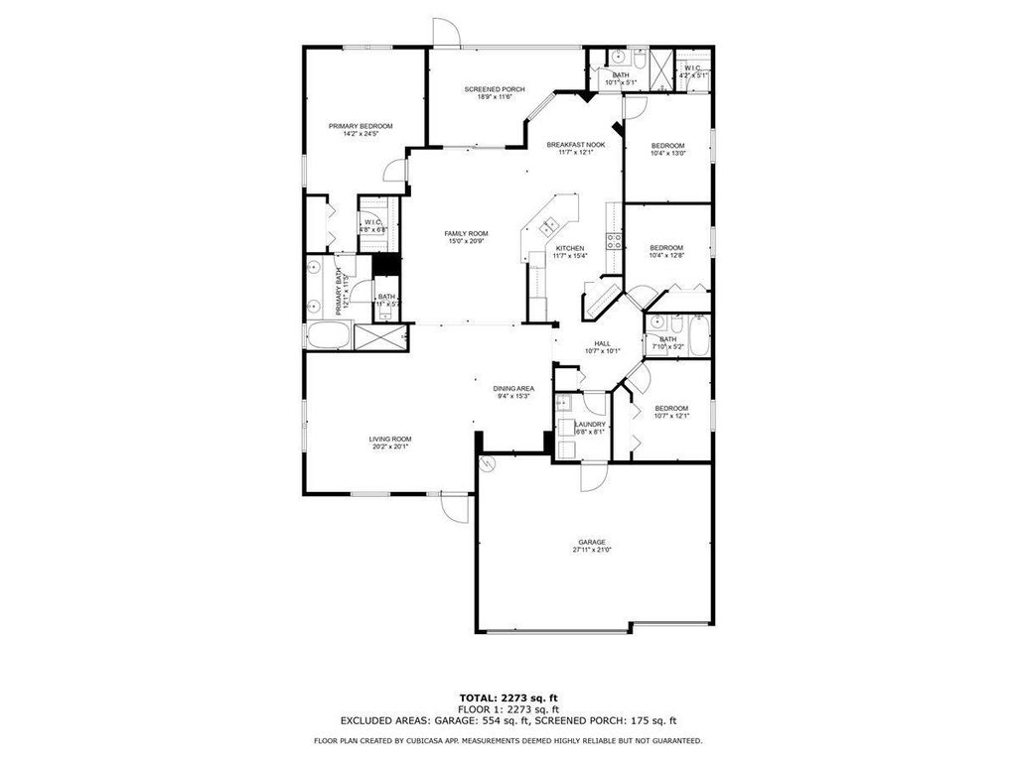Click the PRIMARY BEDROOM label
(x=361, y=126)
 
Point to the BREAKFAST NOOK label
(x=576, y=145)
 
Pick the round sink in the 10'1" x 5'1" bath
(x=616, y=57)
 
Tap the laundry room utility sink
(x=563, y=402)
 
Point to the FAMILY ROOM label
(x=465, y=233)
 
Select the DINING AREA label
(x=513, y=388)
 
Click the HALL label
(x=603, y=342)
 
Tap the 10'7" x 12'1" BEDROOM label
(x=670, y=409)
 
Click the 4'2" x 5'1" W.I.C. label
(x=693, y=67)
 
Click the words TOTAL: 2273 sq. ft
(x=508, y=698)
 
